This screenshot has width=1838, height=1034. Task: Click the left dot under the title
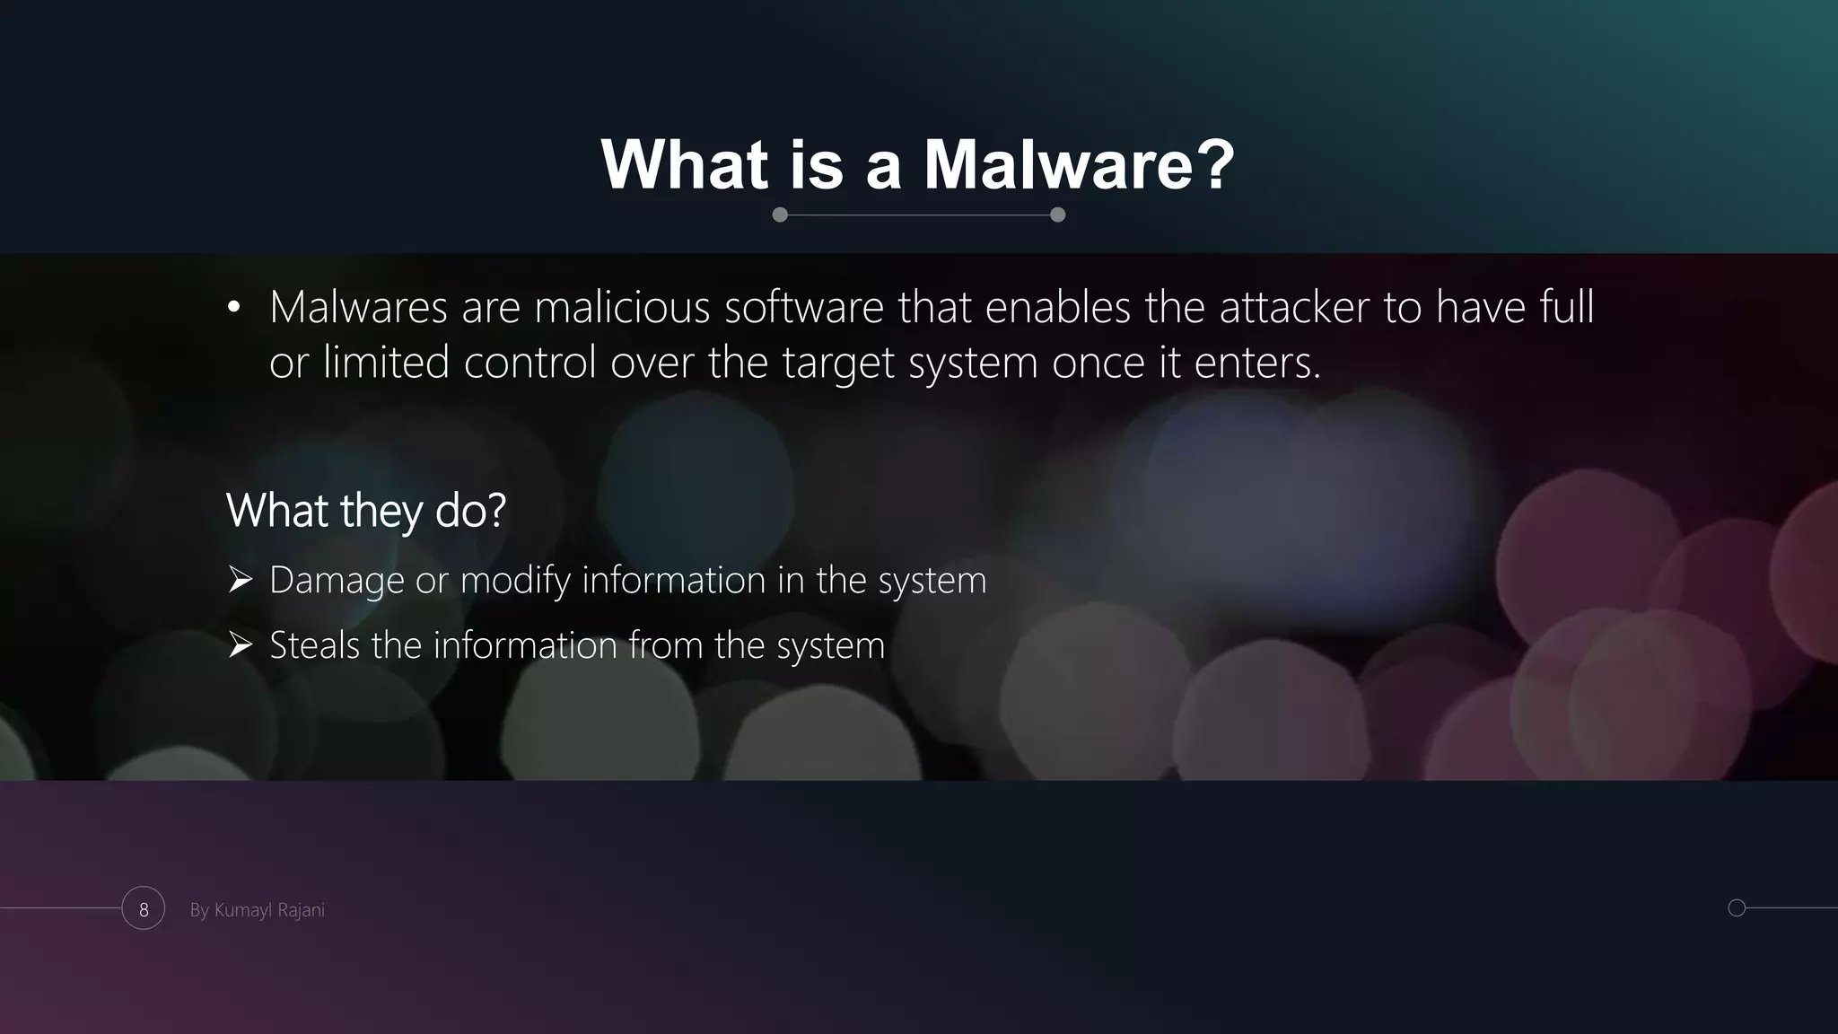click(780, 215)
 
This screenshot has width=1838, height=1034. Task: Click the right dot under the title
click(1057, 215)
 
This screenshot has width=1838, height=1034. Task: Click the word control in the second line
click(530, 364)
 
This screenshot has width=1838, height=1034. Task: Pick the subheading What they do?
click(366, 511)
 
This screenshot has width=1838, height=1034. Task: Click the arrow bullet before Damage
click(240, 580)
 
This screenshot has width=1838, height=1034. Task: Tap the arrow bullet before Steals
click(240, 645)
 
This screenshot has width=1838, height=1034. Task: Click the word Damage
click(337, 581)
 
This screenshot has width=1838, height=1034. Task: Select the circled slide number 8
click(144, 909)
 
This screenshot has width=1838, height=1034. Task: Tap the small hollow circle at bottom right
click(1737, 907)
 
